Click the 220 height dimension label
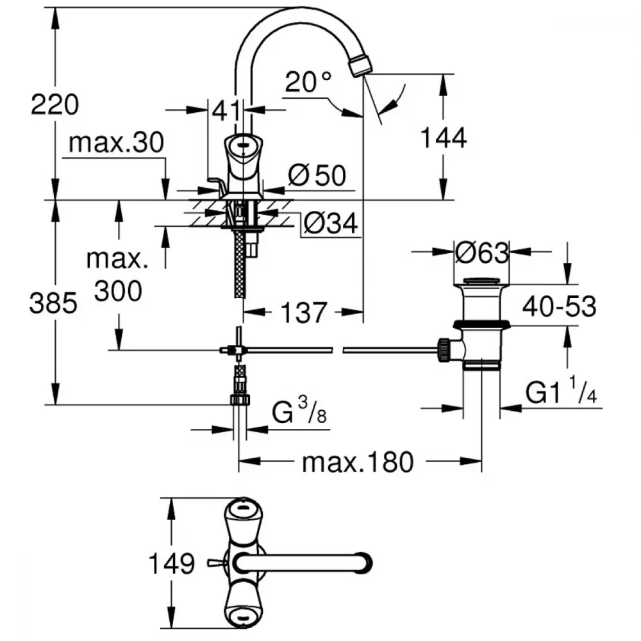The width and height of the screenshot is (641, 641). (54, 103)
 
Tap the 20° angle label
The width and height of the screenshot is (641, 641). (309, 83)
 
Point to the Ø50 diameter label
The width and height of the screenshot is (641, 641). (317, 175)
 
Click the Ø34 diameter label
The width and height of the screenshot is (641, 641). (330, 223)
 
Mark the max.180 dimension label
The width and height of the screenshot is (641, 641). (358, 461)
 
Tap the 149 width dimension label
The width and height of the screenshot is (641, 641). (171, 564)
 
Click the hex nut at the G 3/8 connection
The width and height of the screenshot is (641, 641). (239, 400)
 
